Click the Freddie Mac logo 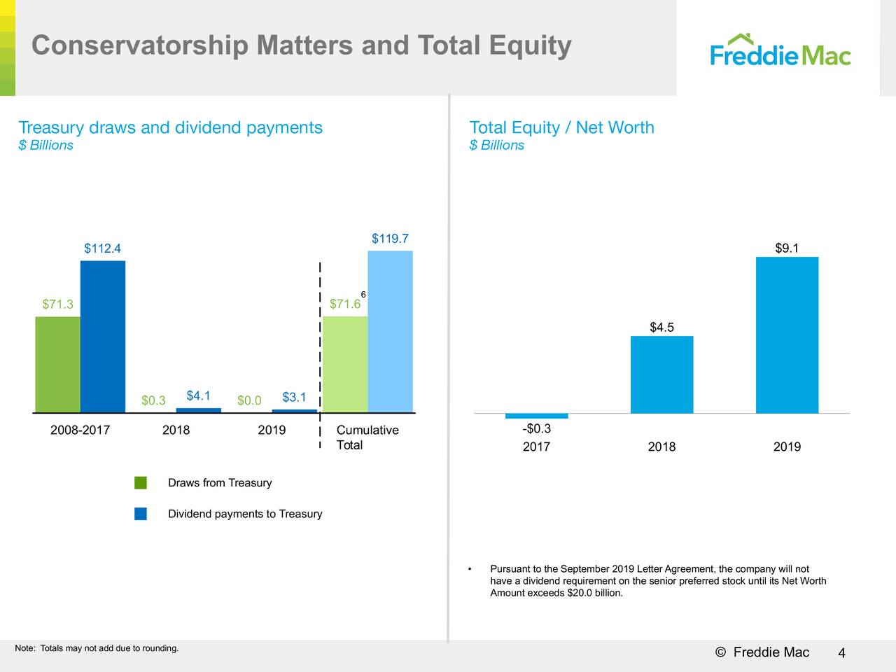780,50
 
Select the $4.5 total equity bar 661,374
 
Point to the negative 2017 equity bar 536,416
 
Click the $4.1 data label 199,396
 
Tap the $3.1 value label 294,398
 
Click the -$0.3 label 536,428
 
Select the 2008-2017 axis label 80,430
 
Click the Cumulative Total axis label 367,437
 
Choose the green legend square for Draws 141,482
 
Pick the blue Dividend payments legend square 141,514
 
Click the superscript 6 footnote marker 363,295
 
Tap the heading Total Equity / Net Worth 561,127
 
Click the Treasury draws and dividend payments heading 170,127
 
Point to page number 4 841,653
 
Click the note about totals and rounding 97,648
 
